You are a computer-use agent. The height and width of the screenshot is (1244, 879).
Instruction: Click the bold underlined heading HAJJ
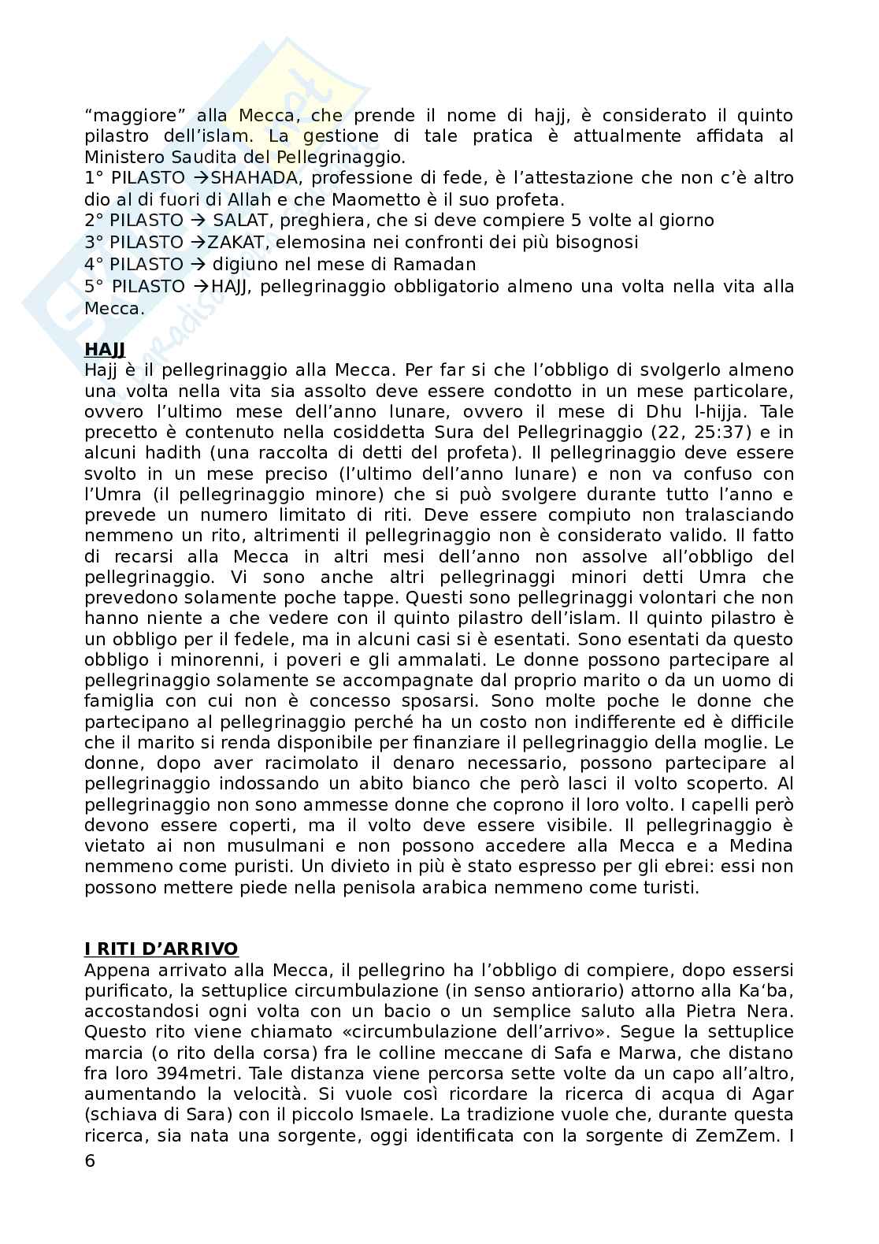tap(105, 349)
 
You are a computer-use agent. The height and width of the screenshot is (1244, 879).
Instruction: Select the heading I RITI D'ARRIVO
tap(161, 949)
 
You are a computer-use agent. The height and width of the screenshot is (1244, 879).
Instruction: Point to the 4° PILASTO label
tap(133, 263)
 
